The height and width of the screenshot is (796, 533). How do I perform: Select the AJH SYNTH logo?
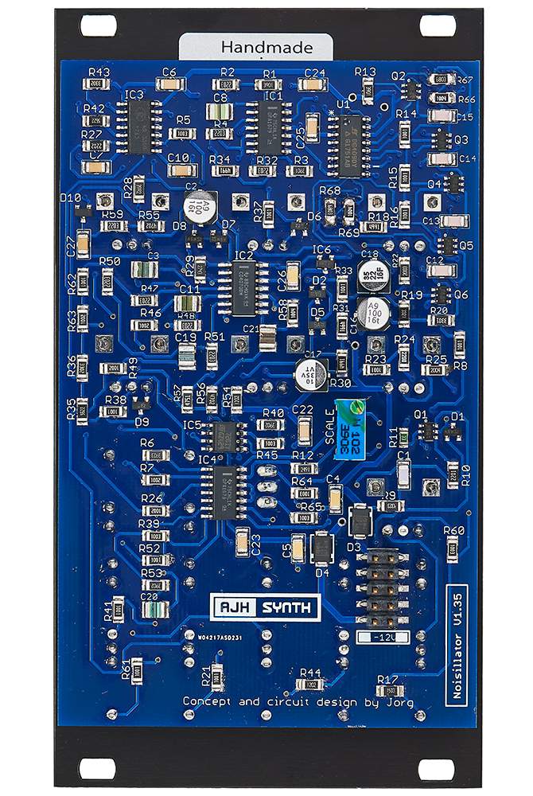point(264,606)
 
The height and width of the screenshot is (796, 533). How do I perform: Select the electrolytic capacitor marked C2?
point(198,207)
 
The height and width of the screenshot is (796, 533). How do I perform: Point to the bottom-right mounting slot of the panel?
point(436,768)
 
